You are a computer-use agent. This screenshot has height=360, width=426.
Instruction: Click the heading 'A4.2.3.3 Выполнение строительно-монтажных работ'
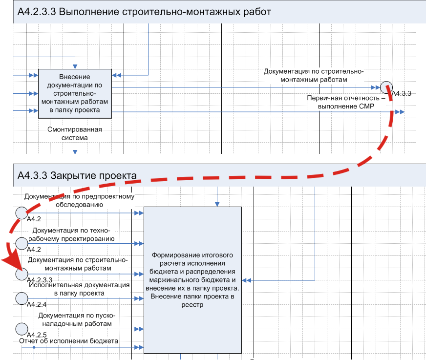click(x=144, y=12)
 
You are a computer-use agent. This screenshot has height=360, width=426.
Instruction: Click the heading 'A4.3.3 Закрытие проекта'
click(x=77, y=175)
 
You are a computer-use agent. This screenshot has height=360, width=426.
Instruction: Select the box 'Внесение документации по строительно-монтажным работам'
click(x=75, y=93)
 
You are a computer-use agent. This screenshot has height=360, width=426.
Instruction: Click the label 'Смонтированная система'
click(x=75, y=133)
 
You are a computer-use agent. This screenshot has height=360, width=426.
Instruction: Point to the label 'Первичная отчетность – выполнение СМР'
click(x=346, y=102)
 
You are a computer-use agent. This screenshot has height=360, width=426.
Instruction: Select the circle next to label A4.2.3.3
click(x=21, y=274)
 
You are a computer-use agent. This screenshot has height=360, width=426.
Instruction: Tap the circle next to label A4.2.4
click(x=21, y=297)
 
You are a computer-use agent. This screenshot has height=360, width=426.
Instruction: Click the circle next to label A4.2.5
click(x=21, y=328)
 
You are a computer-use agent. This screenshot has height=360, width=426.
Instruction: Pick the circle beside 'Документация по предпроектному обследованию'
click(x=21, y=212)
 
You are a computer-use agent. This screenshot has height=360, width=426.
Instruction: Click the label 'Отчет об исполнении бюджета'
click(x=68, y=340)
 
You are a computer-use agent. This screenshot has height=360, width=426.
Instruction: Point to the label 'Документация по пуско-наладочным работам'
click(x=75, y=319)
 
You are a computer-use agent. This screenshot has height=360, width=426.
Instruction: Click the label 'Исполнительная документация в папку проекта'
click(x=79, y=289)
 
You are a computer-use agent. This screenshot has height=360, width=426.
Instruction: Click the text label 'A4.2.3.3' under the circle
click(x=40, y=280)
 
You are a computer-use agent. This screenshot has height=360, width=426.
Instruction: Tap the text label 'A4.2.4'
click(x=37, y=304)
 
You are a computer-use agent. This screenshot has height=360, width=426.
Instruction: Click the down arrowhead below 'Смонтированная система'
click(x=75, y=151)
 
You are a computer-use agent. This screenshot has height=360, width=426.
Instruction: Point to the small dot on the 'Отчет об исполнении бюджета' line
click(x=34, y=347)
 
